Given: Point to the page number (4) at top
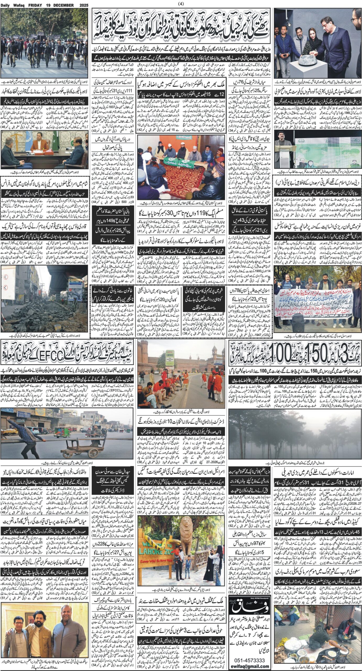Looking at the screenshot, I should pyautogui.click(x=181, y=4).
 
